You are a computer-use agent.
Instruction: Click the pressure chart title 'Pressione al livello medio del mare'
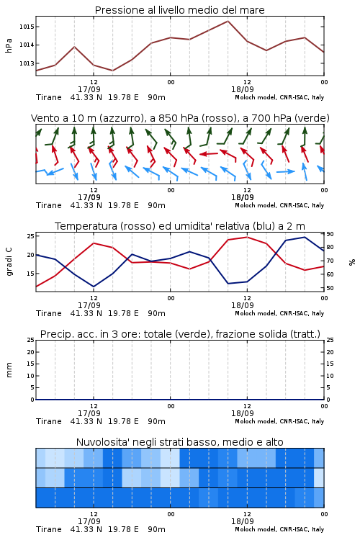click(179, 10)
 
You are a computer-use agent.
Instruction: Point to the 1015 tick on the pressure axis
click(26, 27)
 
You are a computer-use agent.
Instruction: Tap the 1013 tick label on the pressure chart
click(26, 63)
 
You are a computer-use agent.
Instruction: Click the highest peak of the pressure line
click(228, 21)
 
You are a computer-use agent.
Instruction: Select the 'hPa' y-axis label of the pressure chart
click(9, 45)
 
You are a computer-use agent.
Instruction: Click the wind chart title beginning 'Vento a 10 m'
click(180, 118)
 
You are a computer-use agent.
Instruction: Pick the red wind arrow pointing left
click(209, 153)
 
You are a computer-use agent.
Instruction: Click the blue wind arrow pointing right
click(286, 171)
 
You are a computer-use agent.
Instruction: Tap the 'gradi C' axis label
click(9, 262)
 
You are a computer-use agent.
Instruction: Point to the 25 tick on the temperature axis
click(31, 236)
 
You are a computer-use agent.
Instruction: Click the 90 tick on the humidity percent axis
click(330, 234)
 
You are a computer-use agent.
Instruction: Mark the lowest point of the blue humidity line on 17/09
click(94, 287)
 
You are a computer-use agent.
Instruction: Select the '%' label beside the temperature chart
click(352, 262)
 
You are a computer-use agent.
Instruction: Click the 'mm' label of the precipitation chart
click(9, 370)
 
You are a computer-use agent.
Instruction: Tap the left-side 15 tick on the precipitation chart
click(31, 364)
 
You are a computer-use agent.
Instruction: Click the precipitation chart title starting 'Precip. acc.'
click(180, 334)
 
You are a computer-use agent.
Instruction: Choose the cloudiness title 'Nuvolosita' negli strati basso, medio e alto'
click(179, 442)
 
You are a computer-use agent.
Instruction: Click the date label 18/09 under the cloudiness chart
click(242, 521)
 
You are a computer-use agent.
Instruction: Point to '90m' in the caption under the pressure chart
click(156, 97)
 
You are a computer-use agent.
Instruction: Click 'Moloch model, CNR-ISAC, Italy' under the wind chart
click(279, 205)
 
